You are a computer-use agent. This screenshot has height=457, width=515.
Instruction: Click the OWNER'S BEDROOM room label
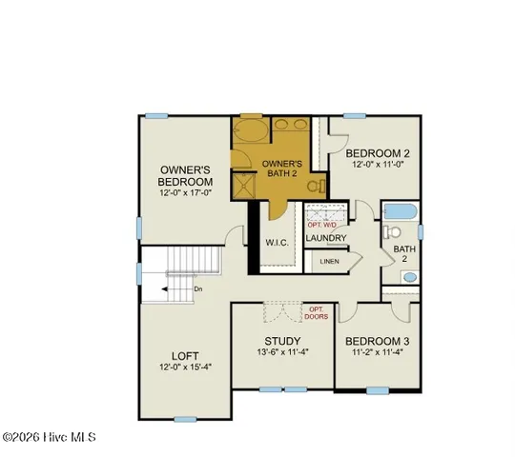(186, 176)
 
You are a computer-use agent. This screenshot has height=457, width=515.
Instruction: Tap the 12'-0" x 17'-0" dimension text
(186, 193)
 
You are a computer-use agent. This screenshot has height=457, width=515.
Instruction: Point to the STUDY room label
(282, 341)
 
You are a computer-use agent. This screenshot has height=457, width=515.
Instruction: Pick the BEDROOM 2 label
(378, 153)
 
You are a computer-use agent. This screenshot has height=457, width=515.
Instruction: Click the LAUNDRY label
(325, 238)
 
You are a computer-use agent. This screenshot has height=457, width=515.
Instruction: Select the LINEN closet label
(328, 260)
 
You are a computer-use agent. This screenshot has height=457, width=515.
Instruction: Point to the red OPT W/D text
(324, 223)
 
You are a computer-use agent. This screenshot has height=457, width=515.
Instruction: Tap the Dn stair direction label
(196, 288)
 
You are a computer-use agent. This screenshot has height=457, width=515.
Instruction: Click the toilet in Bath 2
(392, 231)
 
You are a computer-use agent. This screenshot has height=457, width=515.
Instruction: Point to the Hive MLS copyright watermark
(54, 437)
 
